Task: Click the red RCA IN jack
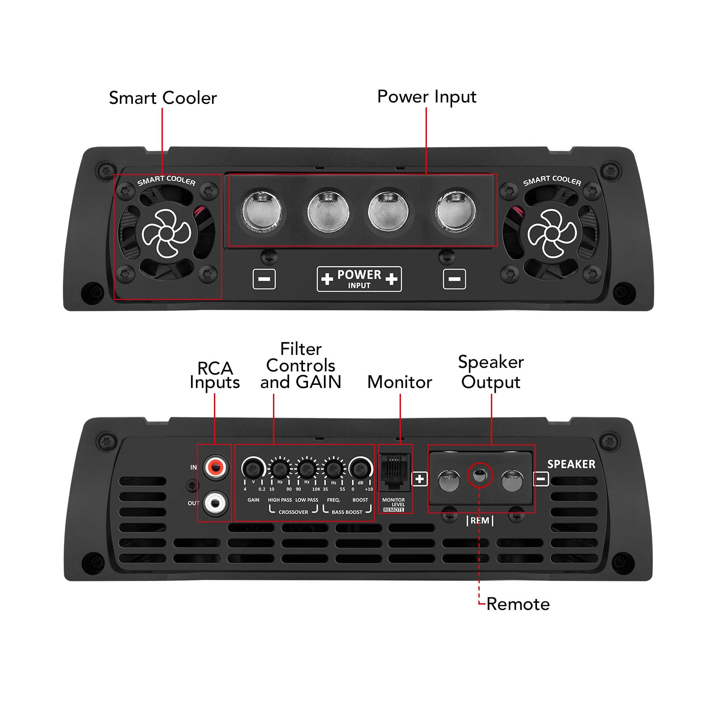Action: pos(215,468)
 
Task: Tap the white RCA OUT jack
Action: pos(215,503)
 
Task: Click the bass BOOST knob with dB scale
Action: pos(360,468)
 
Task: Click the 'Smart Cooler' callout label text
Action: pos(162,98)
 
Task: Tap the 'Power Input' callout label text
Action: pos(426,97)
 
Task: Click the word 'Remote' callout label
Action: pos(518,604)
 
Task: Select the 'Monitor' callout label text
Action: pos(400,382)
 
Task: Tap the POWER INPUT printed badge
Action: pos(359,279)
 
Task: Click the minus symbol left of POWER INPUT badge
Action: pos(264,279)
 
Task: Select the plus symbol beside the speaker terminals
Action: pos(419,479)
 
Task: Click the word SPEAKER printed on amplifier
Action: pos(571,464)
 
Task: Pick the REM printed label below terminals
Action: pos(480,521)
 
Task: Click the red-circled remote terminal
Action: pos(480,475)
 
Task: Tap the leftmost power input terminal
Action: pos(261,211)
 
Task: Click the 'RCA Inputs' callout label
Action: pos(215,375)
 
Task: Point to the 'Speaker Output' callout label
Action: pos(490,372)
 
